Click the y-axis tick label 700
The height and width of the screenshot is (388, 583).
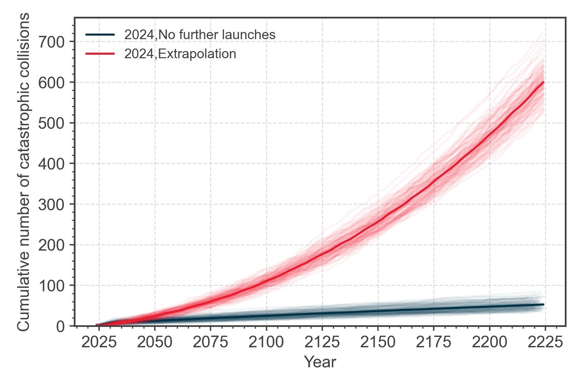52,42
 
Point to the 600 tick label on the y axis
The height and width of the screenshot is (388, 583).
52,82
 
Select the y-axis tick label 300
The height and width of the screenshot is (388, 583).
52,204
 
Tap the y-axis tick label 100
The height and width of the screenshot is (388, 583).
52,285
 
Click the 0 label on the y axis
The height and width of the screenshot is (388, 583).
60,326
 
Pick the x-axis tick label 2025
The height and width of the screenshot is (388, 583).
99,343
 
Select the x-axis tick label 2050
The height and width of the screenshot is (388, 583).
155,343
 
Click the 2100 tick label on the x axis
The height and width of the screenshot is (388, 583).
266,343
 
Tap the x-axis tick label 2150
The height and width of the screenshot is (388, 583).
378,343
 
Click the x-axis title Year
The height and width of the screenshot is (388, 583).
320,362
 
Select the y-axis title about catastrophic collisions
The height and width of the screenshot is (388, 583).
24,171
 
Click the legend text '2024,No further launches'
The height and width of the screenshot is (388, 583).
200,35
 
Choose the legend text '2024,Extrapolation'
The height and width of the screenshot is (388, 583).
180,54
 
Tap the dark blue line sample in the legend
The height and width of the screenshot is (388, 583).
100,35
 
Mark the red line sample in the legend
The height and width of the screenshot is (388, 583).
100,54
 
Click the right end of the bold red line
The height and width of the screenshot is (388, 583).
544,82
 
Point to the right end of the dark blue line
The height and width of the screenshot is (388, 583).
544,304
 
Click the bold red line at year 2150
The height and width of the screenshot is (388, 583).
378,221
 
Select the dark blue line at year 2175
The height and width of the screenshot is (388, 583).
434,309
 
